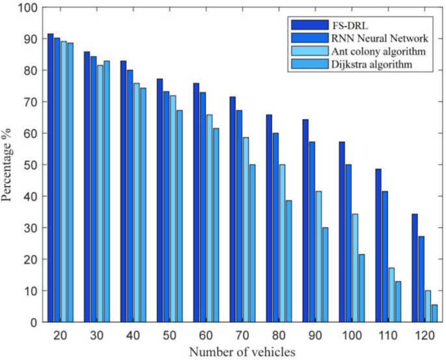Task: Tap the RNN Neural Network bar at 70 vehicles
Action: pyautogui.click(x=239, y=215)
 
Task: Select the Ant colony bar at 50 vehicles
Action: pyautogui.click(x=173, y=208)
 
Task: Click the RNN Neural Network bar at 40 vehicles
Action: pyautogui.click(x=130, y=195)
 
